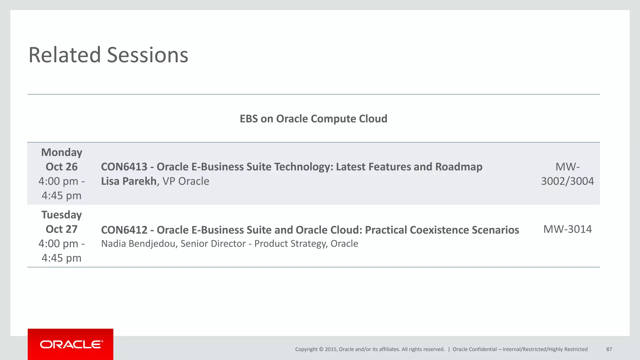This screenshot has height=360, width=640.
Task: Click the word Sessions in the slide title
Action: (x=147, y=55)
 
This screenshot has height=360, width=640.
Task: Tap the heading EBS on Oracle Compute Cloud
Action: (x=313, y=119)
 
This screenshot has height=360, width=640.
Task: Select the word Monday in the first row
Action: (x=62, y=152)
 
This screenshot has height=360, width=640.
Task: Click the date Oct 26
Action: (x=62, y=167)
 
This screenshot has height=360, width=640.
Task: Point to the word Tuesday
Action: (x=62, y=215)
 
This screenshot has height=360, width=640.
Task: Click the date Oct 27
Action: (x=62, y=229)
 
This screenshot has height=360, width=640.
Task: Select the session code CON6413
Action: (x=124, y=167)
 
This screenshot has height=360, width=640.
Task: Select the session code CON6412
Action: (x=124, y=230)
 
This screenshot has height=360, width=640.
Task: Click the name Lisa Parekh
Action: (x=129, y=181)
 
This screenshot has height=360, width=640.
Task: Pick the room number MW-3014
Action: (x=567, y=229)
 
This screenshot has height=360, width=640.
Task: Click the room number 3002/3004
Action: (x=567, y=181)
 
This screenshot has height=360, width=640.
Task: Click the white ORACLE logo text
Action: (x=71, y=344)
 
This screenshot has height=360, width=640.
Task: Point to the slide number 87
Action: (x=609, y=349)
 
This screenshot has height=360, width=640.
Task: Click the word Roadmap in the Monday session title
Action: (x=459, y=167)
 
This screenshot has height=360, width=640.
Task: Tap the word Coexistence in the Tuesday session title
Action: (x=439, y=230)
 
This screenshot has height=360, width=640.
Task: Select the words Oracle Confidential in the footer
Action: (x=474, y=349)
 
